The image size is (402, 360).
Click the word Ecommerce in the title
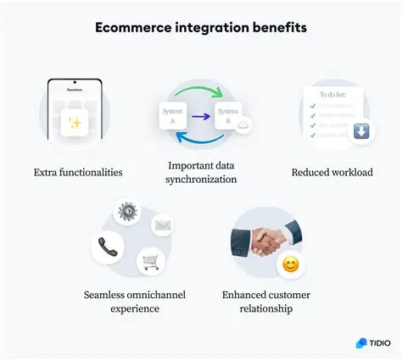(128, 27)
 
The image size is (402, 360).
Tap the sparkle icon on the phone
(75, 124)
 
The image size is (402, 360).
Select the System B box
(227, 115)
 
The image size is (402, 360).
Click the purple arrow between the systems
(201, 116)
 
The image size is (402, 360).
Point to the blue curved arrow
(200, 143)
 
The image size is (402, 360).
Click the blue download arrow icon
(361, 132)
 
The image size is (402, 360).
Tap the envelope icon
(162, 225)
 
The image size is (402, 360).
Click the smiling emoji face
(291, 265)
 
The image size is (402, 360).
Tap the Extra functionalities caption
(78, 173)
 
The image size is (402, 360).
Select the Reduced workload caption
(332, 173)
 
